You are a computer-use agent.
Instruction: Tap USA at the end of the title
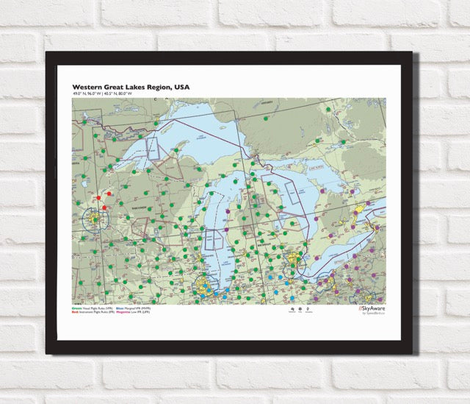181,87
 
